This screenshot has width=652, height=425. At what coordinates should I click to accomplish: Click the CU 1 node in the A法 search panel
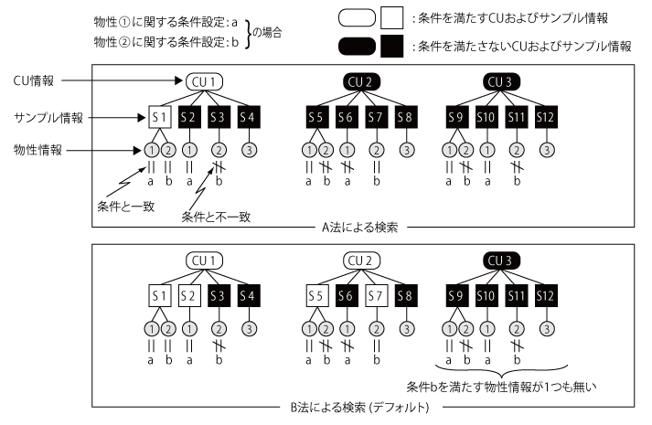click(205, 81)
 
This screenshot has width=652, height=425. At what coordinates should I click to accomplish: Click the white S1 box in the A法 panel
click(160, 116)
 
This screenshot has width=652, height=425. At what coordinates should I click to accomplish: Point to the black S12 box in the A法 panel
click(546, 116)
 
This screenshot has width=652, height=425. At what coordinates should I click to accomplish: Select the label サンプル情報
click(49, 116)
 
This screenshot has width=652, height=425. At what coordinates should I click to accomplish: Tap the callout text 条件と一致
click(123, 206)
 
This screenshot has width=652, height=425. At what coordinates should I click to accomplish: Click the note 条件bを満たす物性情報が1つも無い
click(499, 385)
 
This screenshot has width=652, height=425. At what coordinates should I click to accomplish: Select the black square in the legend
click(391, 45)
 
